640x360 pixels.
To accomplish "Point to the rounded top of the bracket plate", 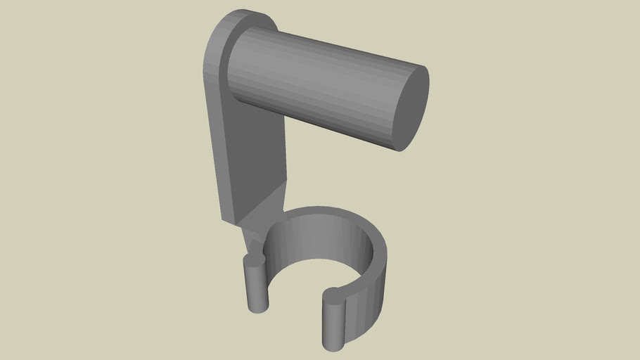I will point(239,17).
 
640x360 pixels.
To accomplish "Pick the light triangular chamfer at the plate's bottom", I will point(267,204).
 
